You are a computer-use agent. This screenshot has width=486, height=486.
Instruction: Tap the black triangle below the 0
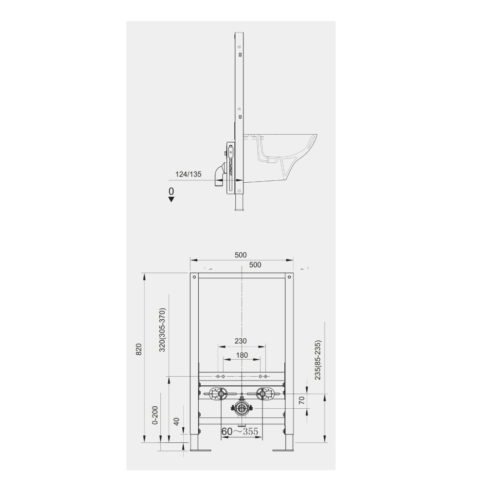click(171, 200)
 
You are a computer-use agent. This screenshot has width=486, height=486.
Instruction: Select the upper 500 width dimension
click(241, 255)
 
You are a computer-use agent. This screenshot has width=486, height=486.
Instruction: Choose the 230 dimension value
click(241, 341)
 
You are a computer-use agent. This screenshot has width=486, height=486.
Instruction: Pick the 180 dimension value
click(242, 355)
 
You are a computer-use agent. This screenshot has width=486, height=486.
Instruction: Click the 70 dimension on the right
click(301, 400)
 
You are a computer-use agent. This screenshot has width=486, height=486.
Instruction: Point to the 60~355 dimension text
click(239, 431)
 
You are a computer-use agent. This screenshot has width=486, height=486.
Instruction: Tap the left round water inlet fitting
click(219, 394)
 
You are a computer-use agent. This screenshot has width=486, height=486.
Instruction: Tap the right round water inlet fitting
click(264, 394)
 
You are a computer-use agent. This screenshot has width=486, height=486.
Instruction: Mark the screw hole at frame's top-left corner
click(194, 277)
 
